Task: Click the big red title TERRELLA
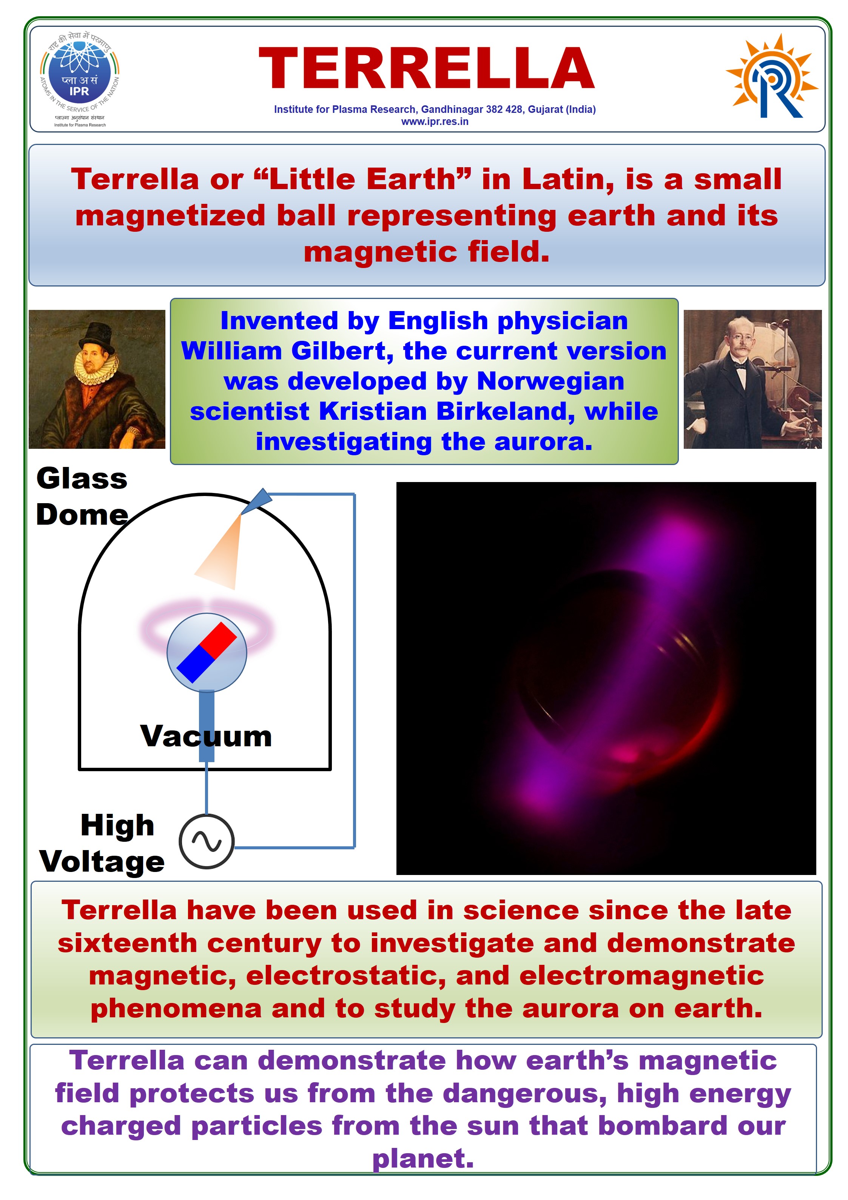pyautogui.click(x=426, y=68)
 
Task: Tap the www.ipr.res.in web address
pyautogui.click(x=435, y=122)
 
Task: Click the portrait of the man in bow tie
pyautogui.click(x=752, y=379)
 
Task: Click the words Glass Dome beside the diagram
pyautogui.click(x=82, y=496)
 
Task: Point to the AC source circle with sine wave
pyautogui.click(x=207, y=841)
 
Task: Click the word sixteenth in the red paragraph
pyautogui.click(x=128, y=943)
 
